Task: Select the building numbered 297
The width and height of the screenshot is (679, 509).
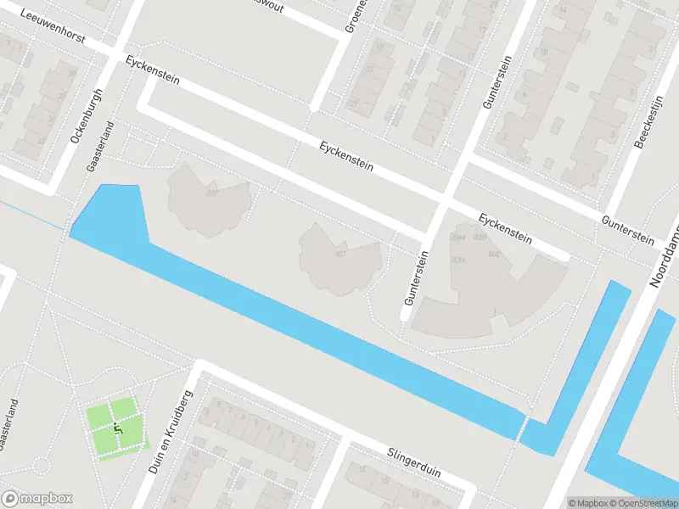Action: click(211, 193)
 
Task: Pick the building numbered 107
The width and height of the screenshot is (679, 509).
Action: click(340, 254)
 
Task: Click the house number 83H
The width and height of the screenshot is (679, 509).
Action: click(459, 260)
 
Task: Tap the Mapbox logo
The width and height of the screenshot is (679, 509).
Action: click(37, 499)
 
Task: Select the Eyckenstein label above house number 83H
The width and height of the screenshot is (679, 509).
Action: click(504, 229)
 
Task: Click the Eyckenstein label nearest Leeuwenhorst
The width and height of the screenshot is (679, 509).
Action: click(152, 70)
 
